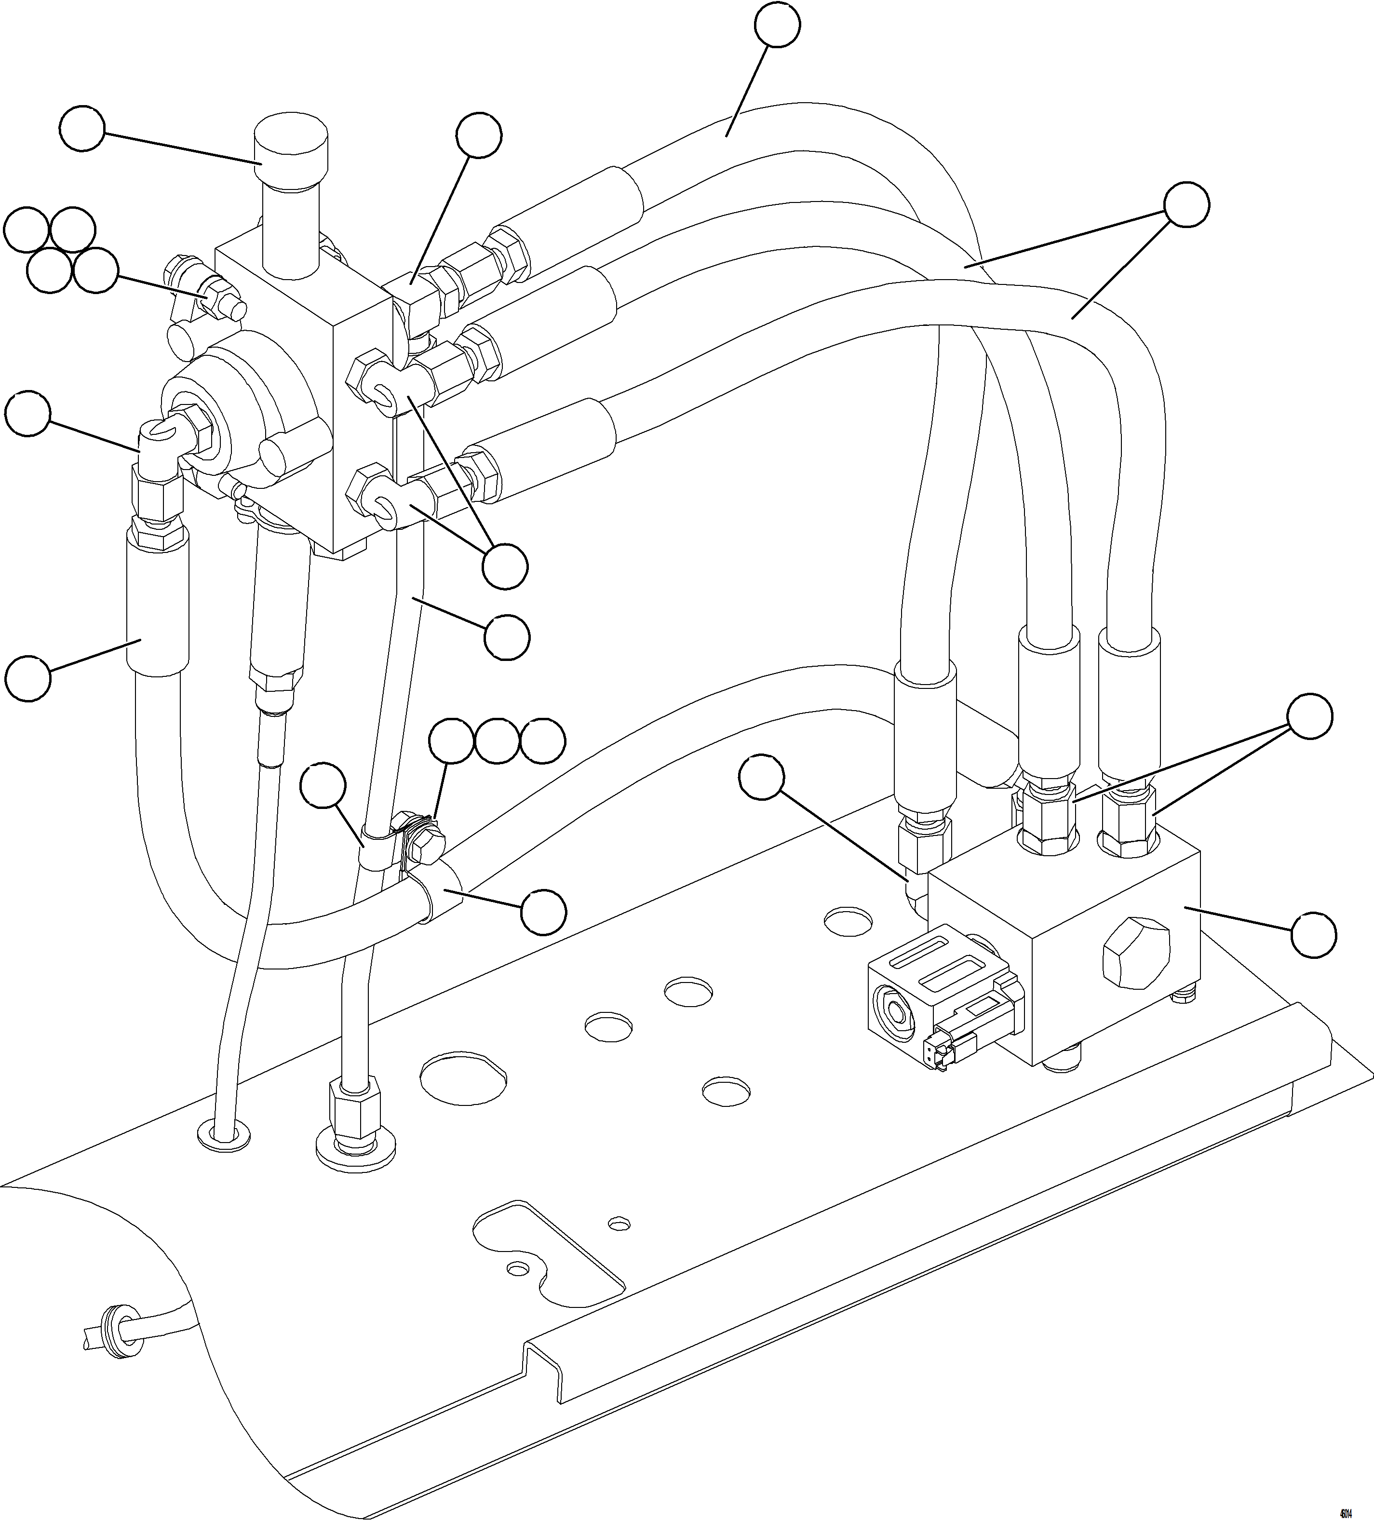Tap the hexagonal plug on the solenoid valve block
[1135, 954]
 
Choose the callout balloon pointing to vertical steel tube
[506, 637]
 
